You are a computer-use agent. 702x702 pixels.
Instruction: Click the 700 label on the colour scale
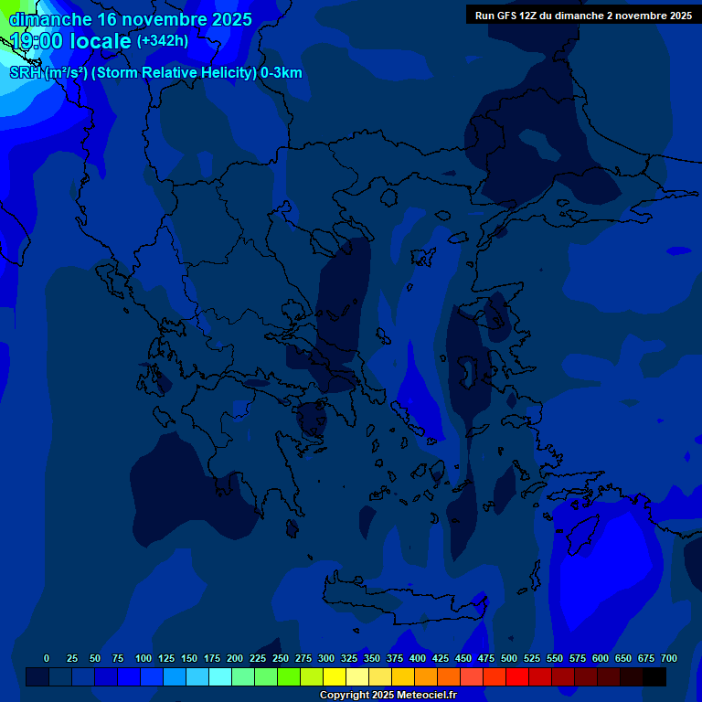[669, 658]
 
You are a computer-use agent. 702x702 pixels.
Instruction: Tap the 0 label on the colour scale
[47, 658]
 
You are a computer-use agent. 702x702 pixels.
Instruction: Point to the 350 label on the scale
[372, 658]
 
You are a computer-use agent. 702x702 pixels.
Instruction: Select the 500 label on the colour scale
[509, 658]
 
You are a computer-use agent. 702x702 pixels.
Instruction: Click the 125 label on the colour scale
[166, 658]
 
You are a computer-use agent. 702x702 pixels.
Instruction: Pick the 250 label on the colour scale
[281, 658]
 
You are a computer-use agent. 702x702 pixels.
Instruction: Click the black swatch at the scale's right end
[654, 676]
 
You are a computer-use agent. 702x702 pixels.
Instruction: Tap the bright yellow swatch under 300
[335, 676]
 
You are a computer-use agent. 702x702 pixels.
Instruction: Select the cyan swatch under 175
[220, 676]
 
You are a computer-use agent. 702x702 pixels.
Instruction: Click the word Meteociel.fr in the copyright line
[422, 696]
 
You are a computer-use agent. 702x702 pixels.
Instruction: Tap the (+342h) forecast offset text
[163, 41]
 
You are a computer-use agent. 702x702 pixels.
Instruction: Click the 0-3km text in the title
[282, 73]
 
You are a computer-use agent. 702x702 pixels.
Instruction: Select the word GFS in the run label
[510, 16]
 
